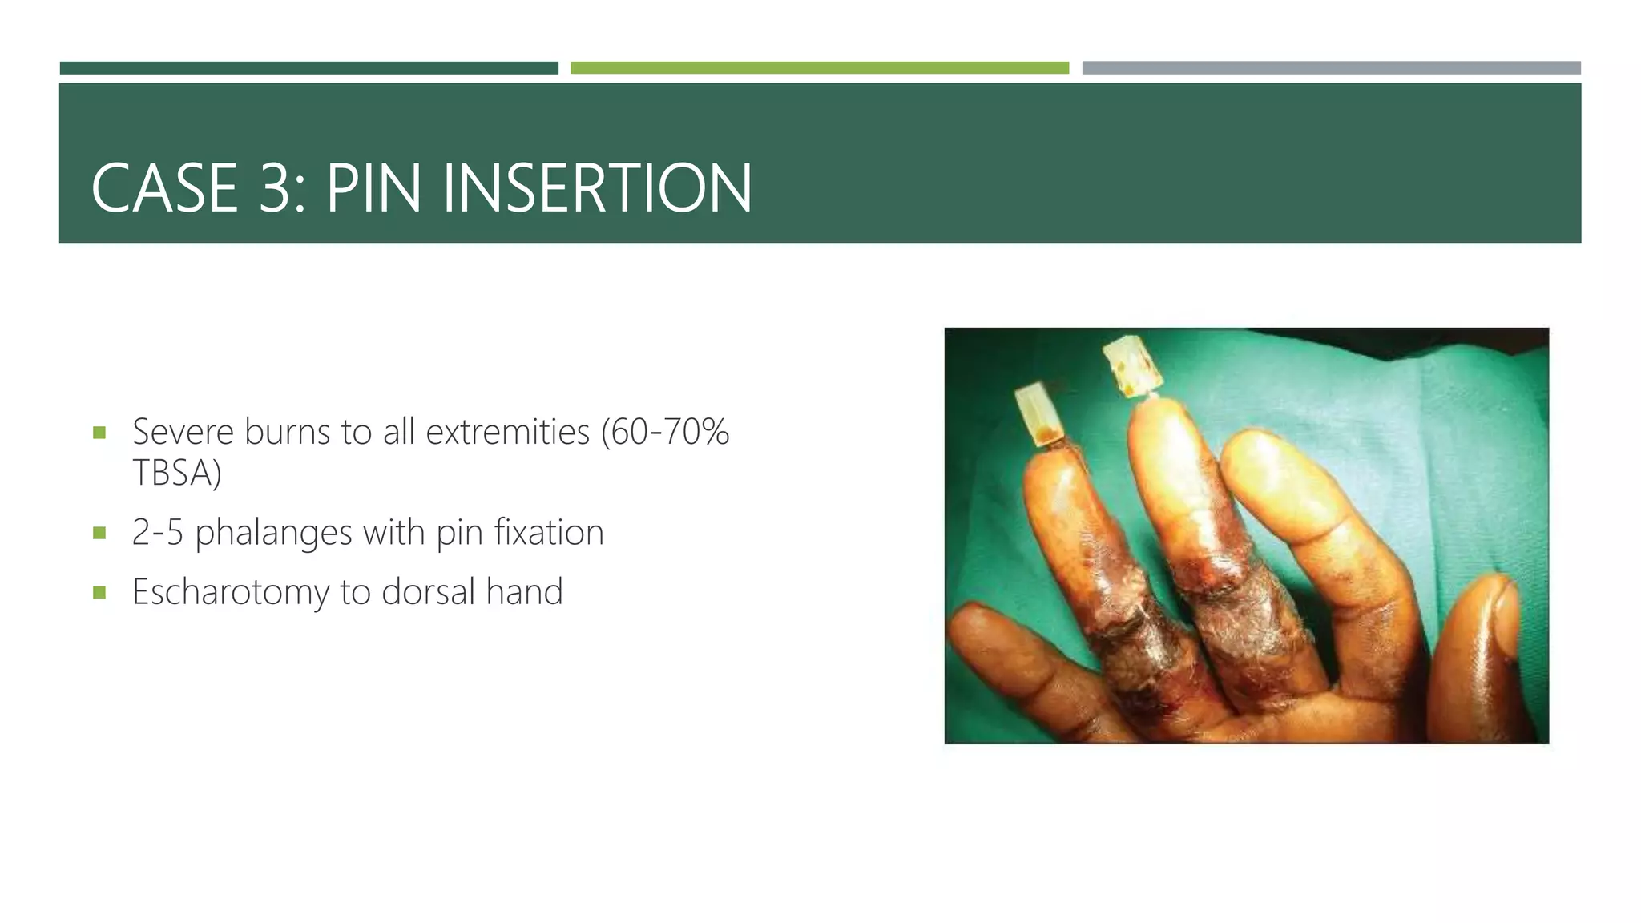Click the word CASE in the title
coord(165,189)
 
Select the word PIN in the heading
coord(373,189)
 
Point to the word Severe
coord(182,432)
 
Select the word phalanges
coord(273,533)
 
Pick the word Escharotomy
coord(231,592)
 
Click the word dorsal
coord(428,592)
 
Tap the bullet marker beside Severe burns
coord(99,433)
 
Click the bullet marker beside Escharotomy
coord(99,593)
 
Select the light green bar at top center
coord(819,68)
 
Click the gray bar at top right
coord(1331,68)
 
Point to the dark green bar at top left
coord(308,68)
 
